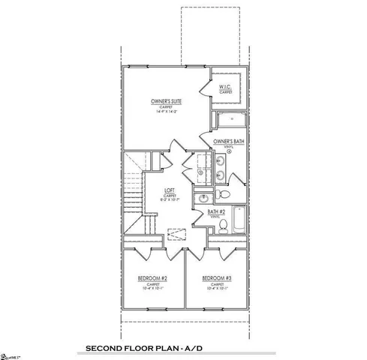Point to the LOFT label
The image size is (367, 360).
(x=170, y=190)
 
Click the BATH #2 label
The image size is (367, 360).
(x=217, y=212)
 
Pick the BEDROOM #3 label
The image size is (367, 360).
(x=216, y=279)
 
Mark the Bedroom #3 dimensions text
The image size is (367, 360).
(x=216, y=290)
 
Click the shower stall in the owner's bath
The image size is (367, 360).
(x=229, y=120)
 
